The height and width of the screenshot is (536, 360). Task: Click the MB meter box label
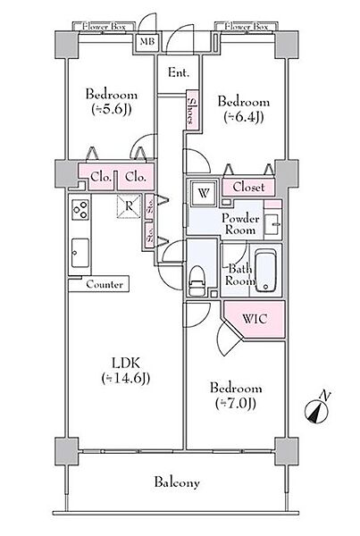147,42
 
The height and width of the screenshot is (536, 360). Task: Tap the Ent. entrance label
178,72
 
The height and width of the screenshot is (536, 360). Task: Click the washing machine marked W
204,193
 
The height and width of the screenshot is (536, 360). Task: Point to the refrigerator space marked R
129,205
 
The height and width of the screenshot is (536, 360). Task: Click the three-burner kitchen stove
80,209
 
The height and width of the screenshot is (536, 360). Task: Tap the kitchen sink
80,253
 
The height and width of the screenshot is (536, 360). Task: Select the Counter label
105,284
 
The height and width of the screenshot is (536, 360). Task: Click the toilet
197,281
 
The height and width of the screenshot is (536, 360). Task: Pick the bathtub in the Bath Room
266,270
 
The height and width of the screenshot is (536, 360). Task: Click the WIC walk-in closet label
255,319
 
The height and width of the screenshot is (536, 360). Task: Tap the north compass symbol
318,409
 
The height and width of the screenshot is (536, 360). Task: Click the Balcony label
177,482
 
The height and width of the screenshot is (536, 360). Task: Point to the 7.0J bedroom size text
236,404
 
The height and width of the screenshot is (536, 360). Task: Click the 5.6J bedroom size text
112,109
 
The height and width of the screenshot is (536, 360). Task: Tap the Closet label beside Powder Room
248,187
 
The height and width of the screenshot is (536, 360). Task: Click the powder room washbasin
272,224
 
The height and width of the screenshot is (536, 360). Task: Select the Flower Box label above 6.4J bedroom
247,26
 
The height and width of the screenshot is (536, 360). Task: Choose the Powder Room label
240,224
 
